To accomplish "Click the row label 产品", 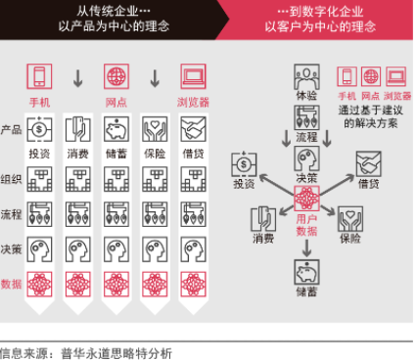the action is coord(12,130).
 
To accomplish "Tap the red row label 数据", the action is coord(12,284).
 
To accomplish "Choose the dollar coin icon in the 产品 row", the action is coord(39,127).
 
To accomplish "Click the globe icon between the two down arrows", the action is coord(116,75).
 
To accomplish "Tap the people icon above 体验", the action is coord(306,76).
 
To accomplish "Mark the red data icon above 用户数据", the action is coord(307,199).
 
